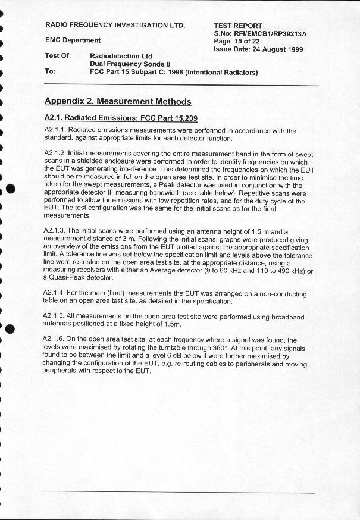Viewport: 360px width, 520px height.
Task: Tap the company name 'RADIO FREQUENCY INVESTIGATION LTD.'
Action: (x=115, y=25)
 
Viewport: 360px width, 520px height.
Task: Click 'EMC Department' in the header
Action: (x=73, y=40)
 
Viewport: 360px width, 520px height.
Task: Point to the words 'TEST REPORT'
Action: (x=238, y=26)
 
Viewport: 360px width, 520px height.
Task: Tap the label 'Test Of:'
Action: (x=58, y=55)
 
